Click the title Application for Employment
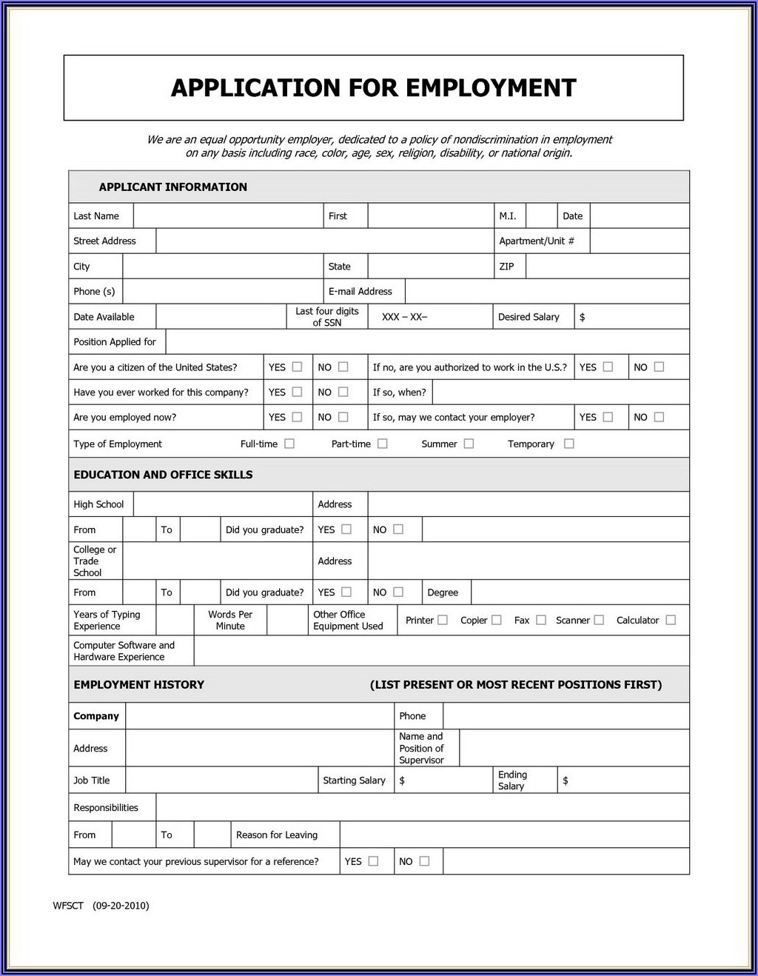click(373, 88)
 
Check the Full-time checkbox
click(289, 444)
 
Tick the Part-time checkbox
click(382, 444)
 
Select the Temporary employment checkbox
click(568, 444)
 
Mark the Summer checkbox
click(469, 444)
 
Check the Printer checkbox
click(443, 620)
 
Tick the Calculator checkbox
click(671, 620)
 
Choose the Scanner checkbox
click(599, 620)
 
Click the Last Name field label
click(96, 216)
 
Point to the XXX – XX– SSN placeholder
click(404, 317)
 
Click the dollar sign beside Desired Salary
click(583, 317)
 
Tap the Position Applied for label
click(115, 342)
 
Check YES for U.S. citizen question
click(297, 367)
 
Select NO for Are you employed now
click(343, 417)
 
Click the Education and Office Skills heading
click(163, 475)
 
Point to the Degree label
click(443, 592)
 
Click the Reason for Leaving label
click(277, 835)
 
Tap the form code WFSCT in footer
click(68, 906)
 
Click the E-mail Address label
click(360, 292)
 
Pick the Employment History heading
click(138, 685)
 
